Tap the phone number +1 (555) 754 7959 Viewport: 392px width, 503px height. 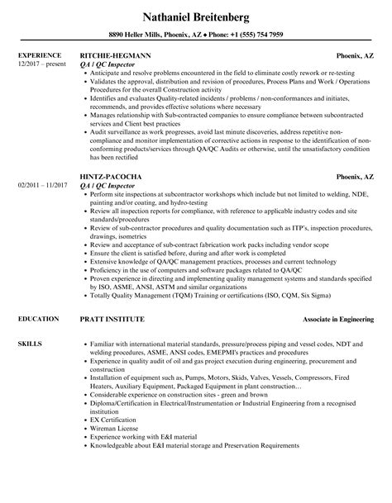[257, 35]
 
